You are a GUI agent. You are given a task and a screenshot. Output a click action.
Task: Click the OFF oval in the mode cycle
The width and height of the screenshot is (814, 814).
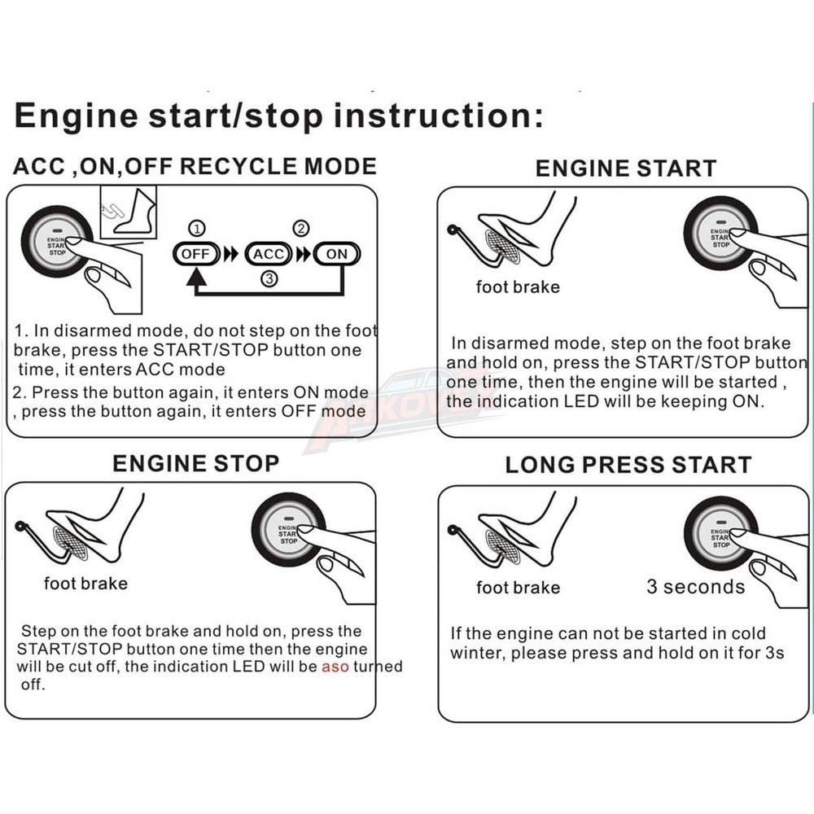pyautogui.click(x=195, y=254)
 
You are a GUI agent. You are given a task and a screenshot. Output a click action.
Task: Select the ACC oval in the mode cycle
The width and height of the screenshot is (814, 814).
pyautogui.click(x=268, y=254)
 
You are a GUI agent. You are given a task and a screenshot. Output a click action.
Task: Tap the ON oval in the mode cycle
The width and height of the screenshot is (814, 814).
pyautogui.click(x=336, y=254)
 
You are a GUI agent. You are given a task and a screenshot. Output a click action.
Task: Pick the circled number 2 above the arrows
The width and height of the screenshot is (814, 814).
pyautogui.click(x=301, y=228)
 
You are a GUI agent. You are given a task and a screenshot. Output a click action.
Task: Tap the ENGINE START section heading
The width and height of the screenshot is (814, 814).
pyautogui.click(x=625, y=168)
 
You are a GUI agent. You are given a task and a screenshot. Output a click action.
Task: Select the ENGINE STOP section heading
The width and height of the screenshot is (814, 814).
pyautogui.click(x=195, y=463)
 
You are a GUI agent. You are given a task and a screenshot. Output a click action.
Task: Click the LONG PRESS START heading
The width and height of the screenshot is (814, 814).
pyautogui.click(x=628, y=466)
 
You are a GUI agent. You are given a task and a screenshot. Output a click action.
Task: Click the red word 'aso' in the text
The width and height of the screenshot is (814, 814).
pyautogui.click(x=335, y=667)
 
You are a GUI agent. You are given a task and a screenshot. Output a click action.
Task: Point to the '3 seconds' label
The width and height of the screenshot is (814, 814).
pyautogui.click(x=695, y=587)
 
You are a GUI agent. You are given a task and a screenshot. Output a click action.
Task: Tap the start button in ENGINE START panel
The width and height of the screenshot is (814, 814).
pyautogui.click(x=720, y=234)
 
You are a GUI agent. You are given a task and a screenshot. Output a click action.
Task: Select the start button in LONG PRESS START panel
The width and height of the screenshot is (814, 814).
pyautogui.click(x=720, y=533)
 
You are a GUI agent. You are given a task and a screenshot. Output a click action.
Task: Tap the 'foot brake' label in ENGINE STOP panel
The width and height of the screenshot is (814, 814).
pyautogui.click(x=85, y=584)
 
